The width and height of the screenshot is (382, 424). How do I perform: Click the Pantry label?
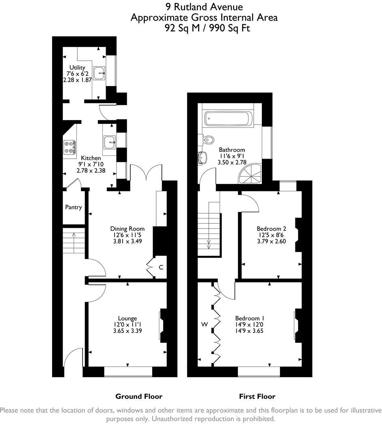click(73, 207)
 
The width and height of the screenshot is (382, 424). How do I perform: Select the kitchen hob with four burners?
click(70, 146)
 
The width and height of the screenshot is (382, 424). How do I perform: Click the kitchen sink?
click(109, 142)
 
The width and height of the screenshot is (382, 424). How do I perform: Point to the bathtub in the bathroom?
click(227, 118)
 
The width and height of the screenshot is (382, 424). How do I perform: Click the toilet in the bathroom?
click(208, 140)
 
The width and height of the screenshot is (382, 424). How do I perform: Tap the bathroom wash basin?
click(203, 157)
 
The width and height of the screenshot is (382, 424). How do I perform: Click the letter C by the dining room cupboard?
click(161, 267)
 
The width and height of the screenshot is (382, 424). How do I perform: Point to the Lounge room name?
click(127, 318)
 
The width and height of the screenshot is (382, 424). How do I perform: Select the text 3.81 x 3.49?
click(127, 241)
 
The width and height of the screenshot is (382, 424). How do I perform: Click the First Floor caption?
click(257, 396)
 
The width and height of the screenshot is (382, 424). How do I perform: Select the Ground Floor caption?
click(139, 396)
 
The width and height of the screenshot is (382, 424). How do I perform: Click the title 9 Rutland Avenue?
click(204, 7)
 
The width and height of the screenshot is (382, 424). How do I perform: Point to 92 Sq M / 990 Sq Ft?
click(204, 28)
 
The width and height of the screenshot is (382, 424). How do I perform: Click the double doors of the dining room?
click(146, 173)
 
